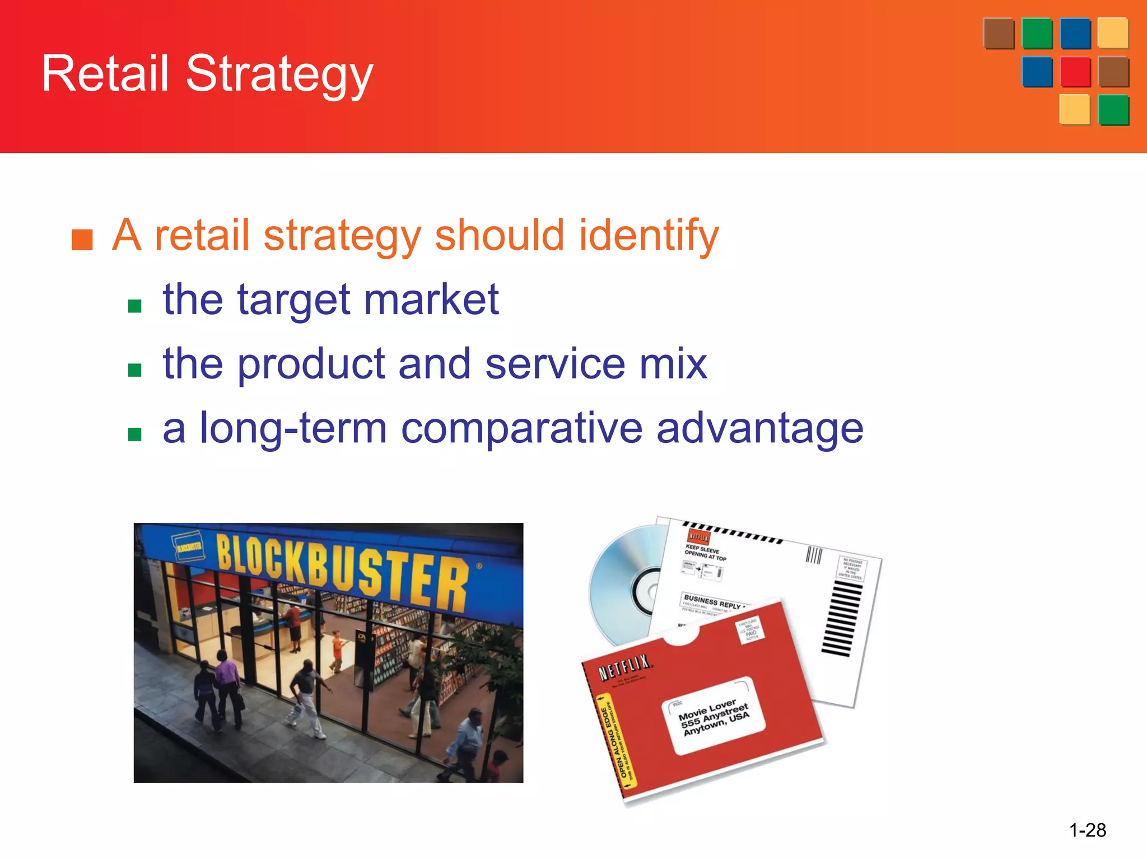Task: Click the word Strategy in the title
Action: tap(279, 74)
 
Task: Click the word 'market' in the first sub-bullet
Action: tap(431, 300)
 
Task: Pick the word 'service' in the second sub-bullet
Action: tap(554, 364)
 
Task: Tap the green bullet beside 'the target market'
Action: tap(134, 306)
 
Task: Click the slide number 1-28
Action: tap(1087, 830)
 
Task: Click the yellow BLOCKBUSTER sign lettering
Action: tap(342, 571)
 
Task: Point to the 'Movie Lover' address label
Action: tap(714, 717)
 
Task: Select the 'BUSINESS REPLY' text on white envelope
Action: tap(711, 602)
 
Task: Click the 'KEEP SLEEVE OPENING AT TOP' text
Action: tap(705, 553)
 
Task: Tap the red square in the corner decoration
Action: tap(1075, 72)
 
